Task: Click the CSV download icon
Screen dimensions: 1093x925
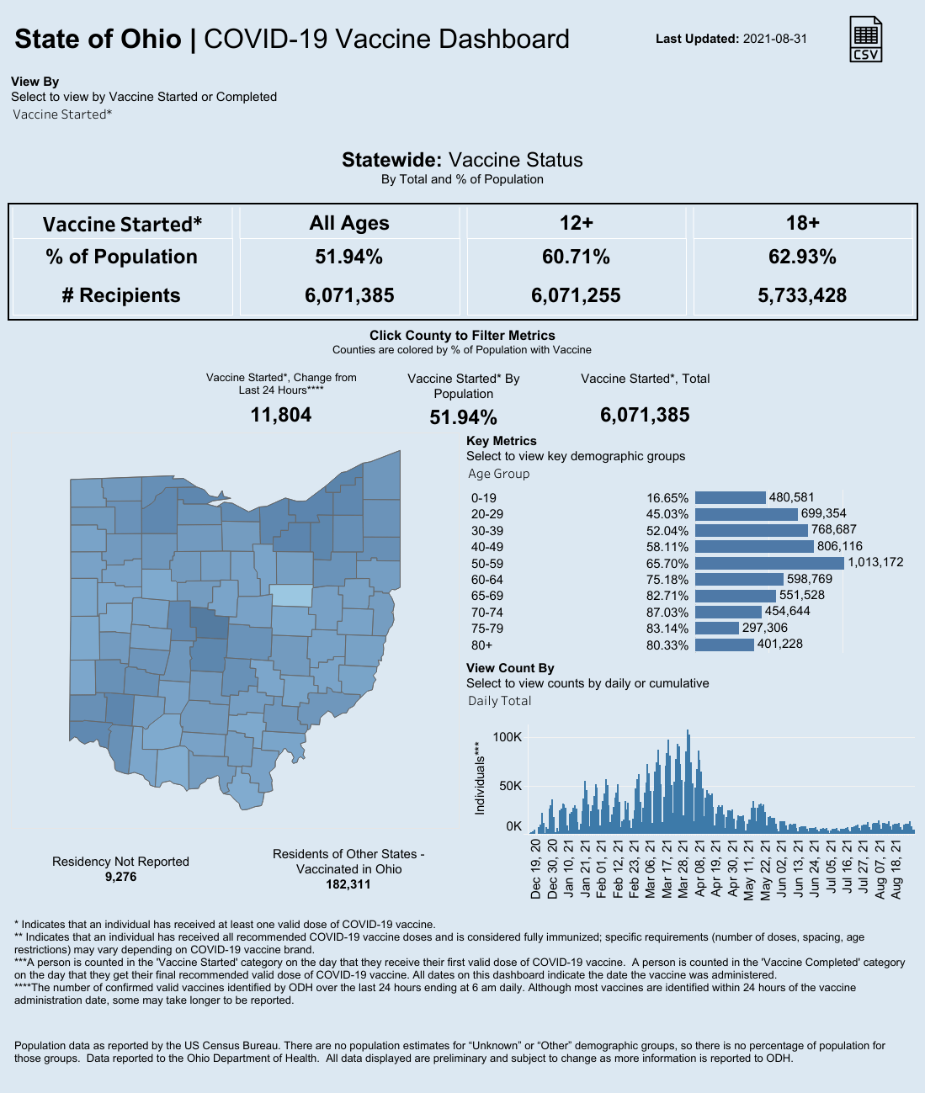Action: click(x=866, y=39)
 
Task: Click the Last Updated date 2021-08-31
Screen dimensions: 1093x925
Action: click(x=774, y=39)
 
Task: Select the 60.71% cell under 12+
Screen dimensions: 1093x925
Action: click(x=576, y=257)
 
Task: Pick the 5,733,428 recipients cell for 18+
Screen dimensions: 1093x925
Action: click(x=802, y=295)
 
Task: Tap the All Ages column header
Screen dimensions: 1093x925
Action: click(x=349, y=223)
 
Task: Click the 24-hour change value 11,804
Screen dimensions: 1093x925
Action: click(x=281, y=415)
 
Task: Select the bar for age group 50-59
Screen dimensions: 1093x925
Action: click(x=769, y=563)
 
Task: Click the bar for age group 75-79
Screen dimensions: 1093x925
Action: click(x=716, y=628)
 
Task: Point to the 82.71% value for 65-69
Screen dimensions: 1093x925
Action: click(x=667, y=596)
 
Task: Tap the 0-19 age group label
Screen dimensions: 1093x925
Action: click(x=484, y=498)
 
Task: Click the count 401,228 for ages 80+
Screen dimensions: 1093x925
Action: click(x=780, y=644)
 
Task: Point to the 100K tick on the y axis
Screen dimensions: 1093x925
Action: click(x=508, y=737)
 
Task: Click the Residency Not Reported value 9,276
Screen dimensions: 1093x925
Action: click(x=120, y=877)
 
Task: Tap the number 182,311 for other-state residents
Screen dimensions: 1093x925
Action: click(x=348, y=884)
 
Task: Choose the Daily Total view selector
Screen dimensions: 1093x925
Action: click(x=500, y=701)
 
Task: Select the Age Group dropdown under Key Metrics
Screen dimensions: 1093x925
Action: click(x=499, y=474)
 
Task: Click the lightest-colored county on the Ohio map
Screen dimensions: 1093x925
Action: click(x=291, y=596)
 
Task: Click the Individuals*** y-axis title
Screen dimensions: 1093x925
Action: click(x=480, y=778)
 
